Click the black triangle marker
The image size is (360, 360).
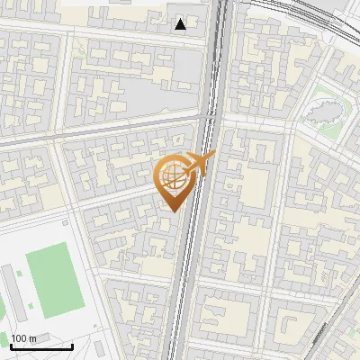point(181,24)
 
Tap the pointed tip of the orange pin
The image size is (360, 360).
point(175,212)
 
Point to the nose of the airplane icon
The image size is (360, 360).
point(213,157)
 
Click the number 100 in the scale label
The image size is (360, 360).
point(19,338)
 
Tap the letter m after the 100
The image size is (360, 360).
point(32,338)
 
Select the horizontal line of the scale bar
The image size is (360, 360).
point(41,346)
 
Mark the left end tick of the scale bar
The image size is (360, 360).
point(11,345)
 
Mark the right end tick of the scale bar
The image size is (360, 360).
point(72,345)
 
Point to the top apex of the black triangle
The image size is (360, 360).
point(181,19)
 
